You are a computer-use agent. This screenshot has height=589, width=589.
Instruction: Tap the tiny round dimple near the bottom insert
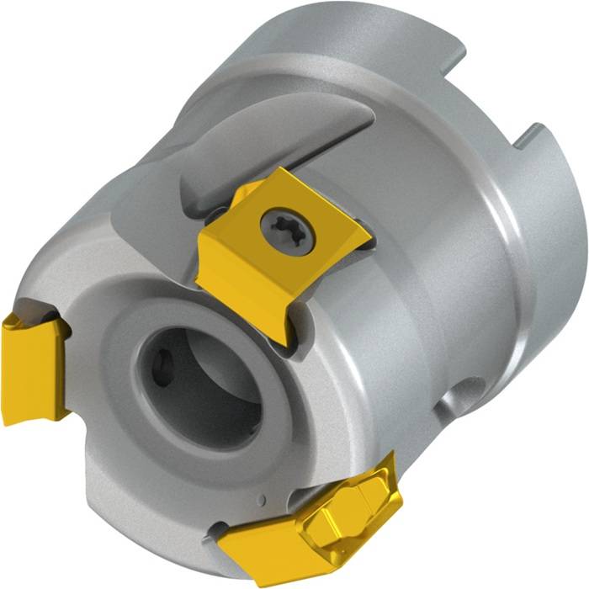[263, 502]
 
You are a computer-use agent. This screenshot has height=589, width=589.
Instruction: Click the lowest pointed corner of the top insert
[290, 345]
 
